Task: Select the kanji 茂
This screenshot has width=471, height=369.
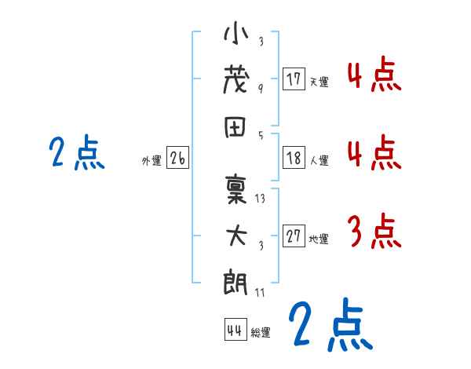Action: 236,80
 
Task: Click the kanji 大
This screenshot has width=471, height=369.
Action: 236,236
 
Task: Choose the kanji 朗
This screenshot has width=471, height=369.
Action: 236,280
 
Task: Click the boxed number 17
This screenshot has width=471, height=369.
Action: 294,79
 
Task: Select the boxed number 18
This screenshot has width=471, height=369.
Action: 294,158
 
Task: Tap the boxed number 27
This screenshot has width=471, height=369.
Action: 294,236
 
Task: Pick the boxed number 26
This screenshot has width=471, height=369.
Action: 177,158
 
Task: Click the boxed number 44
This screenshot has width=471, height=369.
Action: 235,330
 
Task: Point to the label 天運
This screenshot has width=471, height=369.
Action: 319,82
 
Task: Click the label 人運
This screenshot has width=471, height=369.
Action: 319,160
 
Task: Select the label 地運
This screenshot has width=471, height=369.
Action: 319,239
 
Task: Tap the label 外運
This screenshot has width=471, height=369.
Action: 152,160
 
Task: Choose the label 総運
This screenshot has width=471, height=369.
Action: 261,332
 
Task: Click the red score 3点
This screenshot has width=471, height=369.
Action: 373,232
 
